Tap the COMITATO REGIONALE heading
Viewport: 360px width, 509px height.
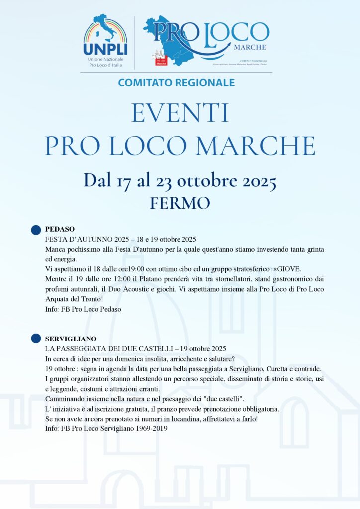pos(177,83)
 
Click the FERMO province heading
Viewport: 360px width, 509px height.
pos(180,203)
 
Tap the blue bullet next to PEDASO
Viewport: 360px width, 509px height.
pos(36,230)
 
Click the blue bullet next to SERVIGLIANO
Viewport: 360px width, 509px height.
pos(36,339)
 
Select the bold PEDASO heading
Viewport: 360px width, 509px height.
pos(60,229)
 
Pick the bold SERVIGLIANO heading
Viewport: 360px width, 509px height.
pos(71,339)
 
